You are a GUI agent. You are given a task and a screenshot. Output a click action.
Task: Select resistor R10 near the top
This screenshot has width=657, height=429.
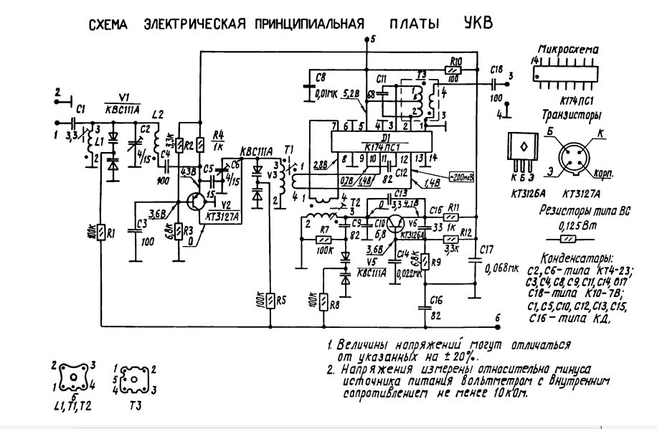[x=453, y=70]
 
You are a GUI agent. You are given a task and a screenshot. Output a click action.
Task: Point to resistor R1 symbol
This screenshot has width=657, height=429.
[x=102, y=232]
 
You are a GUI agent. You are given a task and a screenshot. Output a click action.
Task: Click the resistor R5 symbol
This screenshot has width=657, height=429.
[x=270, y=300]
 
